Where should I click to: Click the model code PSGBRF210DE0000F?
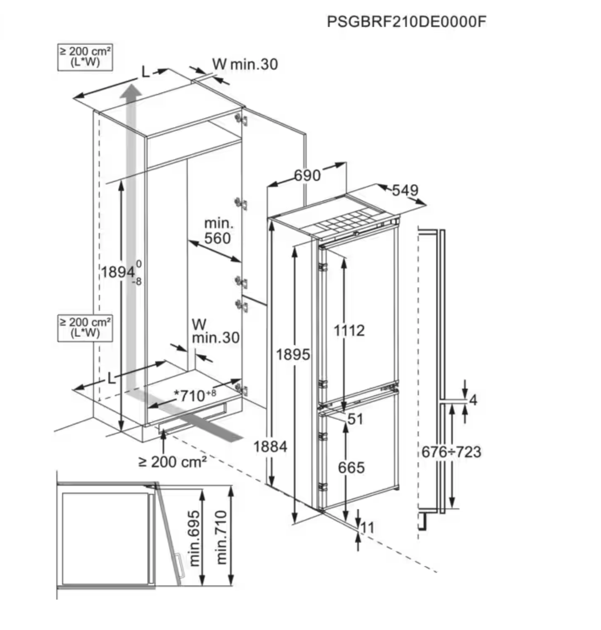click(x=406, y=22)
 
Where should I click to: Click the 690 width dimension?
click(x=307, y=176)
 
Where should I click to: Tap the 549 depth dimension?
click(x=405, y=190)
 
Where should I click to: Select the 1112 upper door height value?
click(x=349, y=331)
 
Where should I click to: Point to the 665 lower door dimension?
click(x=351, y=468)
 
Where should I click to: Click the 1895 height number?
click(x=293, y=355)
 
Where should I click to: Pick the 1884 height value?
click(x=270, y=447)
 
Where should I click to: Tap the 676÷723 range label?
click(x=451, y=452)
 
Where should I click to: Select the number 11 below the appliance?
click(x=367, y=528)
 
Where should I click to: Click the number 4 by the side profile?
click(x=473, y=400)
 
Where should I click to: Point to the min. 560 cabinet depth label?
click(x=218, y=231)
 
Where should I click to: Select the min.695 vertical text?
click(x=195, y=538)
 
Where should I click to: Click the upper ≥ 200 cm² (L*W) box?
click(x=85, y=57)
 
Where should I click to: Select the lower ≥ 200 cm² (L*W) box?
click(x=85, y=328)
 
